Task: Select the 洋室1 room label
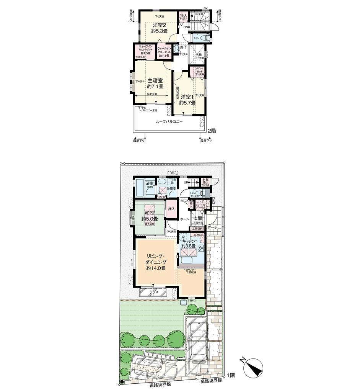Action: (188, 97)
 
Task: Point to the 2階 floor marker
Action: (211, 131)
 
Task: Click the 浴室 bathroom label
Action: (149, 183)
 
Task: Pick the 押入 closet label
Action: (172, 209)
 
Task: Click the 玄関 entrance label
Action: (198, 218)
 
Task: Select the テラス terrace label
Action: (153, 292)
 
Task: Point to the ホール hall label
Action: (184, 219)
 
